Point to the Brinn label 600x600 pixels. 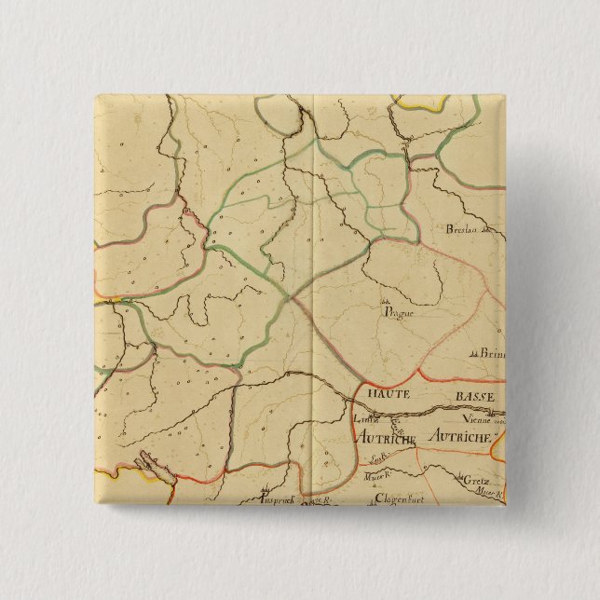[x=491, y=353]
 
